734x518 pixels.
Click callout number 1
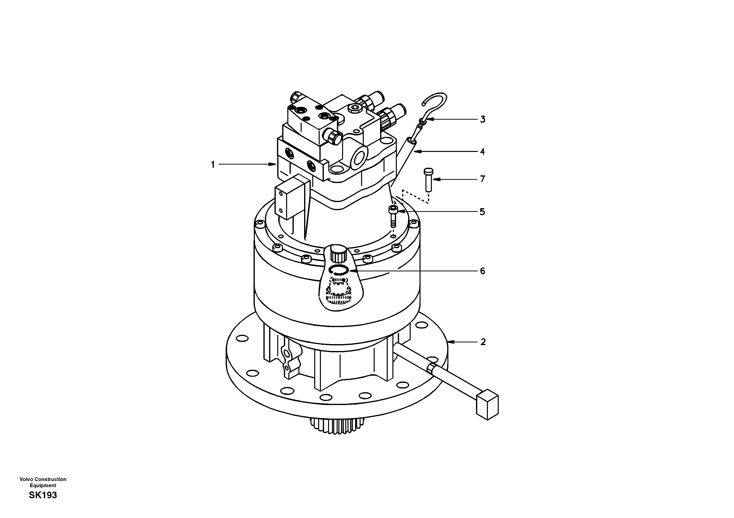pyautogui.click(x=213, y=165)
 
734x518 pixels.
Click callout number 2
pyautogui.click(x=483, y=342)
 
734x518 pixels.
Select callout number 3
pyautogui.click(x=483, y=120)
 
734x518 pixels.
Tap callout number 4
pyautogui.click(x=482, y=151)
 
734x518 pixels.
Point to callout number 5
pyautogui.click(x=482, y=212)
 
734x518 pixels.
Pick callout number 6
pyautogui.click(x=482, y=271)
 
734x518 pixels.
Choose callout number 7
pyautogui.click(x=483, y=179)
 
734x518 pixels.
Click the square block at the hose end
pyautogui.click(x=487, y=407)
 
